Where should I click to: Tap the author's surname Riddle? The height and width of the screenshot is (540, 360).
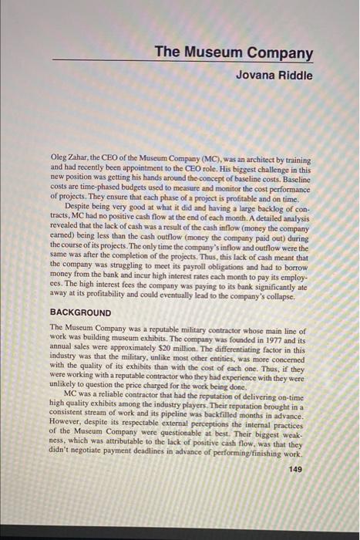click(x=294, y=75)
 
